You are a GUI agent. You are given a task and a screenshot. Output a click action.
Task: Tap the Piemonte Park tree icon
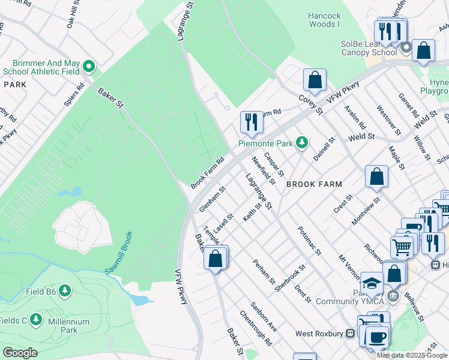pos(303,142)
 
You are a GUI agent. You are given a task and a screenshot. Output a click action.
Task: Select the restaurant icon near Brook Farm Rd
pos(251,122)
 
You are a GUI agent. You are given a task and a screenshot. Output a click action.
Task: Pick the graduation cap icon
pos(372,283)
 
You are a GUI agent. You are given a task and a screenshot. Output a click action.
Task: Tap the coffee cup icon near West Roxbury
pos(376,336)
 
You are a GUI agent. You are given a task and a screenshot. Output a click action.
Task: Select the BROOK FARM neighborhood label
pos(313,185)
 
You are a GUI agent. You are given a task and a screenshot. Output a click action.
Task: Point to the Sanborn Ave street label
pos(264,316)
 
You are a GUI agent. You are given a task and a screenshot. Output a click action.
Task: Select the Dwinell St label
pos(324,148)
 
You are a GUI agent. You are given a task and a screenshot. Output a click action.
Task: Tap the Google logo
pos(19,353)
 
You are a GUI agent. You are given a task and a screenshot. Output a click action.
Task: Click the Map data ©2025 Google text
pos(412,355)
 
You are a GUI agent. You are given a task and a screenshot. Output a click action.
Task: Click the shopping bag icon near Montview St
pos(376,176)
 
